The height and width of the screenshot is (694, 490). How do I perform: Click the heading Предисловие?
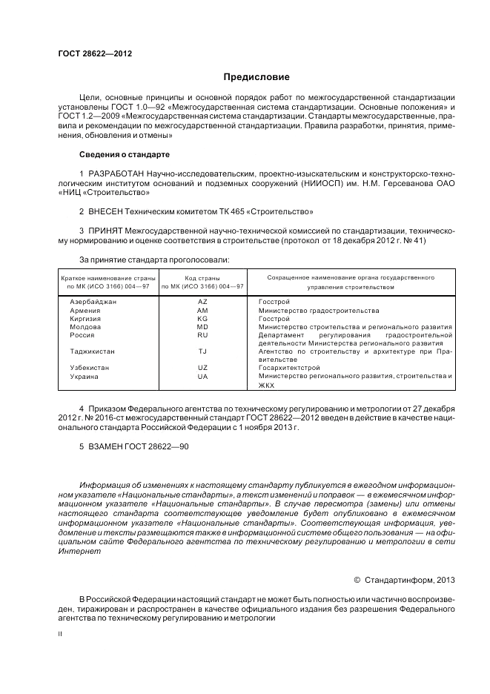click(256, 77)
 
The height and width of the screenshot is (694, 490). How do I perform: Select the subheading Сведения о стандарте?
click(125, 154)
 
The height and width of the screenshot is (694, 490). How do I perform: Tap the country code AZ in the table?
click(202, 303)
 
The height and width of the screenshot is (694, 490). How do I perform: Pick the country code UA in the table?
click(202, 377)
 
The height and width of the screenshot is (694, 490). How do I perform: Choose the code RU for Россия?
click(202, 335)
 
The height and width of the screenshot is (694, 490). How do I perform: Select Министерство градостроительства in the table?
click(318, 311)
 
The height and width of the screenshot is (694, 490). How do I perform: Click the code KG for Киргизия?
click(202, 319)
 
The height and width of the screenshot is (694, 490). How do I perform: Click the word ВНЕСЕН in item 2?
click(106, 211)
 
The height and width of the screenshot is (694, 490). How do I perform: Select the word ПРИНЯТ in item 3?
click(105, 231)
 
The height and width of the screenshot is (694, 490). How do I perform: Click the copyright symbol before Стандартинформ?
click(357, 579)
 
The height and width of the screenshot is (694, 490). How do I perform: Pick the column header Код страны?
click(202, 277)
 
